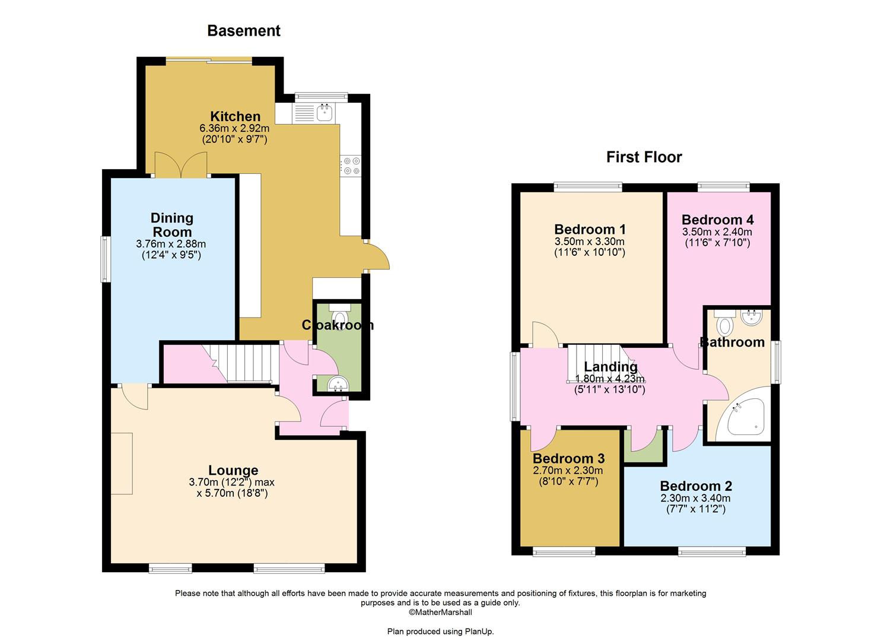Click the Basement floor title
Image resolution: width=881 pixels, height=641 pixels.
coord(243,31)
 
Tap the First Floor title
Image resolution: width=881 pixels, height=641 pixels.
coord(644,157)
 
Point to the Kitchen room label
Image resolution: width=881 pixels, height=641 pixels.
coord(235,116)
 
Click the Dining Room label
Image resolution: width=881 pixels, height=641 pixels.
coord(171,225)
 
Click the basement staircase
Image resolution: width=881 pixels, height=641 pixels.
coord(244,364)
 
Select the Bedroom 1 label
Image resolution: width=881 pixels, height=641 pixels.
coord(590,230)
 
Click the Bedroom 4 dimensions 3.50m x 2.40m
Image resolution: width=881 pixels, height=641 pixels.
coord(717,232)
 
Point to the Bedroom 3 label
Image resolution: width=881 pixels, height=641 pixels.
coord(568,459)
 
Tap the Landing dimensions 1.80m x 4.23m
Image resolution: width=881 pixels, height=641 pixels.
coord(610,379)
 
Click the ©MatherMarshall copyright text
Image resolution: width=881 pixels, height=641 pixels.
coord(440,612)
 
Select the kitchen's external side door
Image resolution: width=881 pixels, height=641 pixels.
coord(378,256)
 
